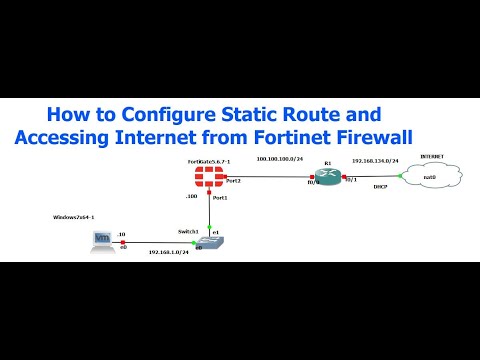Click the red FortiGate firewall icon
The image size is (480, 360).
[x=211, y=181]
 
